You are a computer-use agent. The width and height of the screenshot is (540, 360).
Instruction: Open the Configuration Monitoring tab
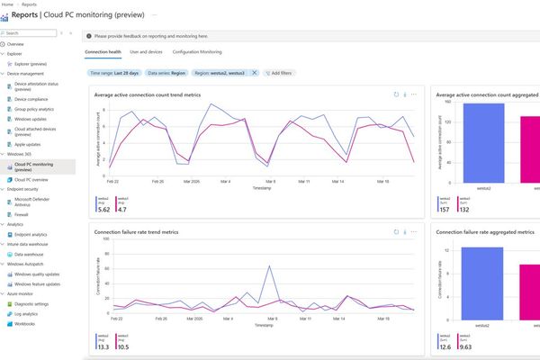(197, 53)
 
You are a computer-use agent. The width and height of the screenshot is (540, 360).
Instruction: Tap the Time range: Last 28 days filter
(113, 72)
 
